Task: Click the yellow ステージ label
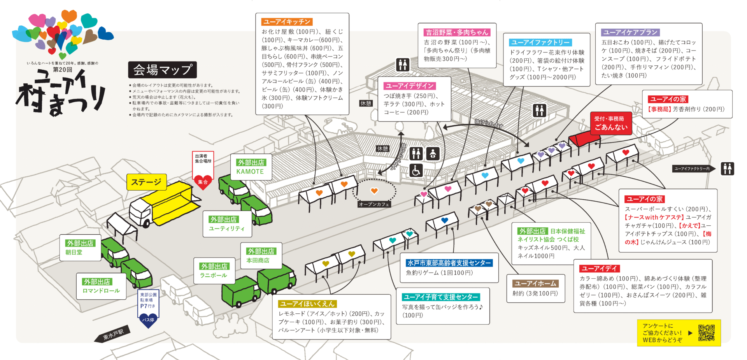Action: (146, 182)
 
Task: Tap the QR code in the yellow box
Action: (706, 333)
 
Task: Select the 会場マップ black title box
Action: (162, 70)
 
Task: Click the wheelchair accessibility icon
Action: (416, 170)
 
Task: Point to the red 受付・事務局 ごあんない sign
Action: (610, 123)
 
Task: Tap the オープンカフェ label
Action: (374, 204)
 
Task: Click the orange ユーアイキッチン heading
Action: (287, 22)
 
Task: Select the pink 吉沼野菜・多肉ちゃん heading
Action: (457, 32)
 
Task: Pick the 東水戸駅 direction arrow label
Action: (113, 334)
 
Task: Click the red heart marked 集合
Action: (203, 182)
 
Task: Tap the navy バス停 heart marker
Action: (148, 320)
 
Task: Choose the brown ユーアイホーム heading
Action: (535, 283)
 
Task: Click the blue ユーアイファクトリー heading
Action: (540, 42)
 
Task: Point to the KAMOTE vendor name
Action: (250, 172)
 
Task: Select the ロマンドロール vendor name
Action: (101, 291)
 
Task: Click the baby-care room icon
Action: (433, 154)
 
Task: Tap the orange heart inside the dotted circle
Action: (374, 191)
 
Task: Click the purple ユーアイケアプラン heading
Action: (630, 32)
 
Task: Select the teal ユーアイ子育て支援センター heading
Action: (441, 297)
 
